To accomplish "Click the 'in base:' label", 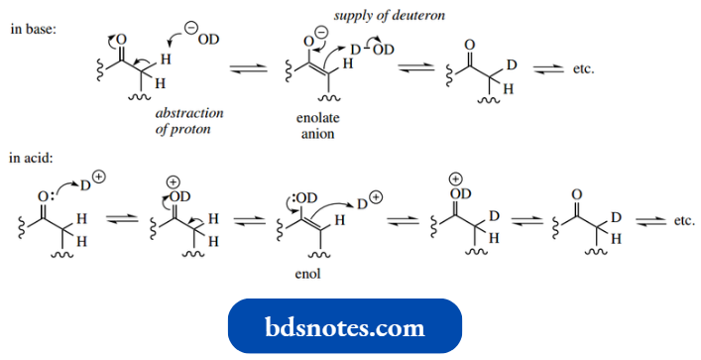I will tap(34, 29).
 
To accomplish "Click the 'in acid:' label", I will tap(33, 157).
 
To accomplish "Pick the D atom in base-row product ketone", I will tap(512, 65).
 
